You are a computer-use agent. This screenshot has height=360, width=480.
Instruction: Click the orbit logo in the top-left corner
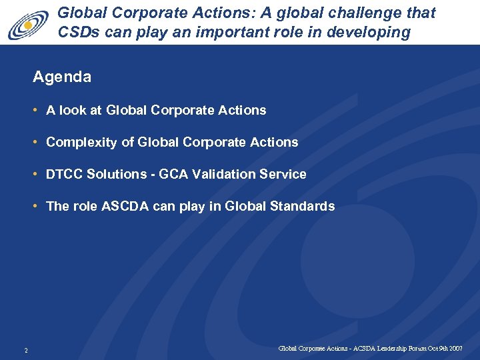(29, 24)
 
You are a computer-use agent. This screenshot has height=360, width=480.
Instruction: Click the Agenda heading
(62, 77)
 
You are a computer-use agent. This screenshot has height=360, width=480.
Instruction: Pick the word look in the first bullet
(73, 110)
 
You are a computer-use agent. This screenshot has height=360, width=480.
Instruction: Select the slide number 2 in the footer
(25, 350)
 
